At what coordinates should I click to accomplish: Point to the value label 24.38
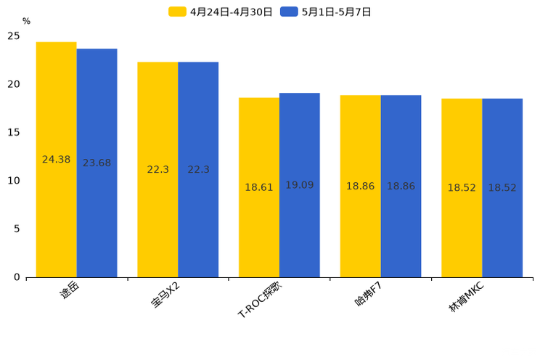click(57, 160)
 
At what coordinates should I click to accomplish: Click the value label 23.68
click(97, 163)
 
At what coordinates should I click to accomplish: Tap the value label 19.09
click(299, 185)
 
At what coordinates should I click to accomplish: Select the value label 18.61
click(259, 187)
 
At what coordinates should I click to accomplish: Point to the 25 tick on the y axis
click(14, 36)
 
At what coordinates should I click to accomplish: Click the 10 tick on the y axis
click(14, 181)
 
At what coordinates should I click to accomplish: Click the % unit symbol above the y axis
click(26, 22)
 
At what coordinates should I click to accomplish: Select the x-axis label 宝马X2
click(165, 295)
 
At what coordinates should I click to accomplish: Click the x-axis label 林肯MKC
click(466, 298)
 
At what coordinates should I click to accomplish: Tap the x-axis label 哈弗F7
click(368, 295)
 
